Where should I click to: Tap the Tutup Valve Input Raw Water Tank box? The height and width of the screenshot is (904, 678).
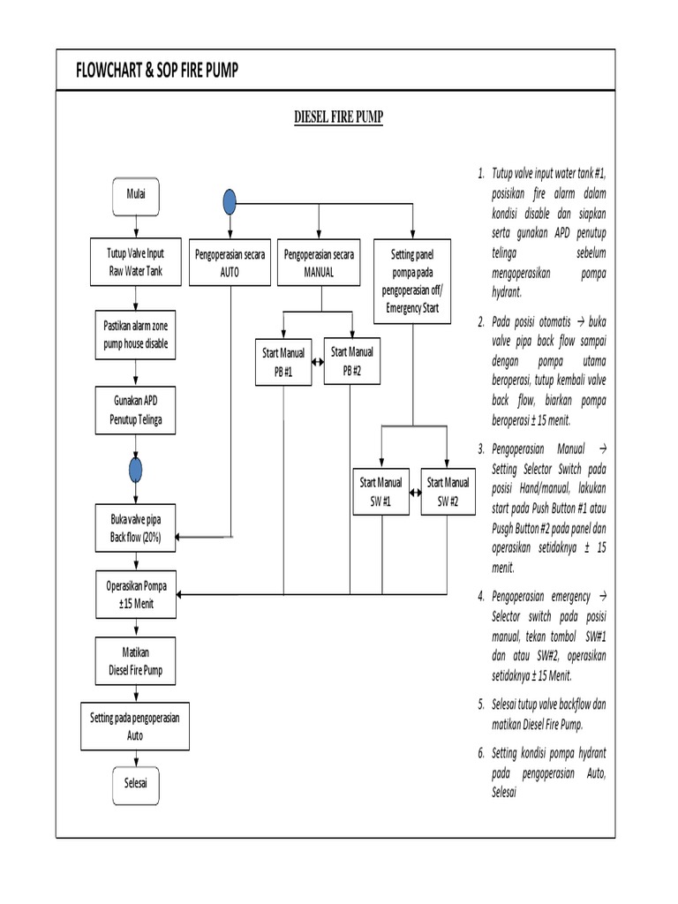point(135,262)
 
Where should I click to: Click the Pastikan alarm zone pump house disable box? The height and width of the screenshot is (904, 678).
point(135,335)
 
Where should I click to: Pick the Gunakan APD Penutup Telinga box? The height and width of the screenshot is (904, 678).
point(135,411)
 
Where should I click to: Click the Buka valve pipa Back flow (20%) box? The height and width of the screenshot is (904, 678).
point(135,528)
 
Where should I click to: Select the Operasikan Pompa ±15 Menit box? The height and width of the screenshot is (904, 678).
point(135,593)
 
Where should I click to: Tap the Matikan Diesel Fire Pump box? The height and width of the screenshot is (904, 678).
point(135,662)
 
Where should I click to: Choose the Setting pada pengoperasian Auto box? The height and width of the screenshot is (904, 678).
point(135,727)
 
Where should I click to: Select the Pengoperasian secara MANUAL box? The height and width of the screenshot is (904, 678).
point(319,263)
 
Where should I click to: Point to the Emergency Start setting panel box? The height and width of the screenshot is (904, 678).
point(412,282)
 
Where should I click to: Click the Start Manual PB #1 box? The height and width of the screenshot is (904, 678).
point(282,362)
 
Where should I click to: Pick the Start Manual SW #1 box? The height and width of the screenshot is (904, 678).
point(380,492)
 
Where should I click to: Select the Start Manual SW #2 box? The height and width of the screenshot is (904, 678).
point(448,492)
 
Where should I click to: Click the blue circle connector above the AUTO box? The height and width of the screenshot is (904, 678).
point(230,202)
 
